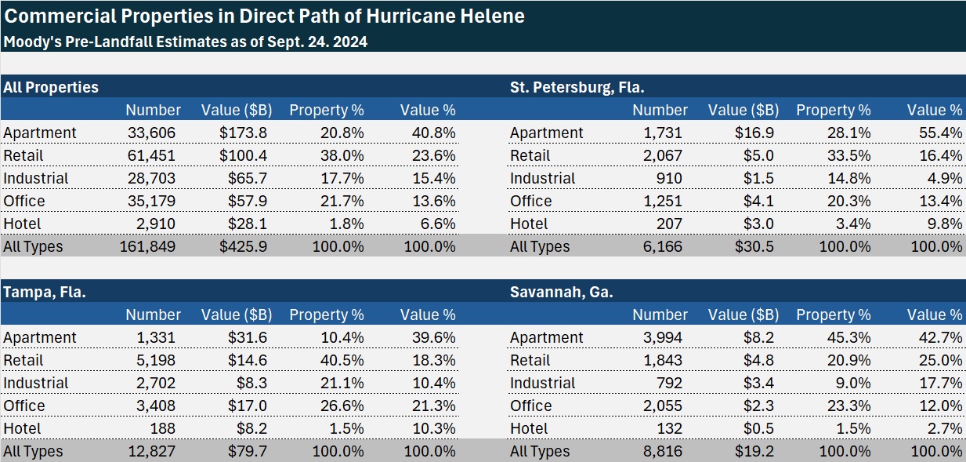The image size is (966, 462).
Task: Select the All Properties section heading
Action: click(51, 87)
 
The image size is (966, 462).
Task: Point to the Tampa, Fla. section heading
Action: click(45, 292)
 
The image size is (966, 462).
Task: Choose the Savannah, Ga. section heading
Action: click(561, 292)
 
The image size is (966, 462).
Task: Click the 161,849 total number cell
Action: click(148, 246)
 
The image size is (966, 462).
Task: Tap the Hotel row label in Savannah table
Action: click(529, 428)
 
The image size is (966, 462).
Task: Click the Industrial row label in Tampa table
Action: click(36, 383)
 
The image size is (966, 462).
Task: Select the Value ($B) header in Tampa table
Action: click(237, 315)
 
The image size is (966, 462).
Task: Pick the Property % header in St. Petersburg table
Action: click(834, 110)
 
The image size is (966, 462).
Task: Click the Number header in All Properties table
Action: click(153, 110)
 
